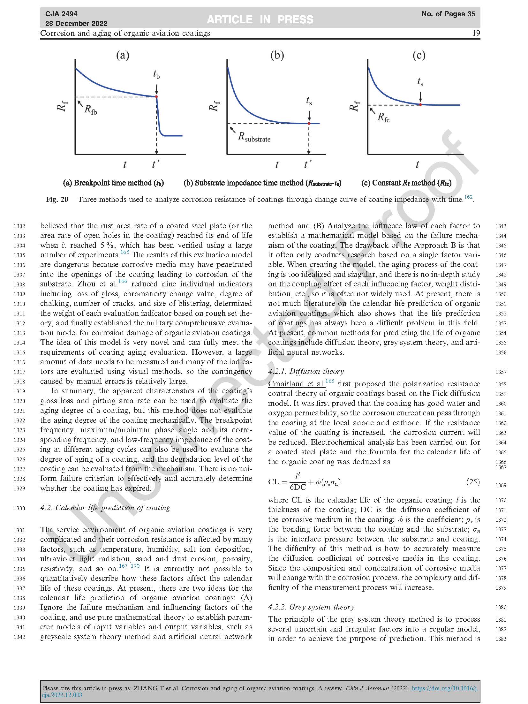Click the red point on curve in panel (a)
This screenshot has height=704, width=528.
pos(156,96)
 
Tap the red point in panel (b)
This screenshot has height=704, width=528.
pos(309,124)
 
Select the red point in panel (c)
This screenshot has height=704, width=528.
pos(420,104)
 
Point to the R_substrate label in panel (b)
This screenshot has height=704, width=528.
pos(254,137)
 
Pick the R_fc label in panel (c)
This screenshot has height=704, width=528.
pos(383,117)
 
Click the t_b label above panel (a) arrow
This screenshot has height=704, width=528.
pos(156,75)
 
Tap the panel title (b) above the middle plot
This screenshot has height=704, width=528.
pos(277,56)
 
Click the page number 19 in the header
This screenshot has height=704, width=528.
pos(476,33)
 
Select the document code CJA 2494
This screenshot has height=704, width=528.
pos(61,14)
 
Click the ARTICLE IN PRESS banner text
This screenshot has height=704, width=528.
pos(260,19)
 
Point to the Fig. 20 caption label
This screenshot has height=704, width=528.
pos(57,200)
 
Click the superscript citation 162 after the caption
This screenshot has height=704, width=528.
pos(468,197)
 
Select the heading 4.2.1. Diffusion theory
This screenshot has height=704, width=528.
pos(306,371)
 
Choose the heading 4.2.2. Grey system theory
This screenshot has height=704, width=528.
pos(311,607)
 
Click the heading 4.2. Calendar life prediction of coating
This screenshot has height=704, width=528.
pos(105,508)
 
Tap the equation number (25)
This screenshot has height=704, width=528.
pos(473,482)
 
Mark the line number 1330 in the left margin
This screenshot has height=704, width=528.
pos(19,508)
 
